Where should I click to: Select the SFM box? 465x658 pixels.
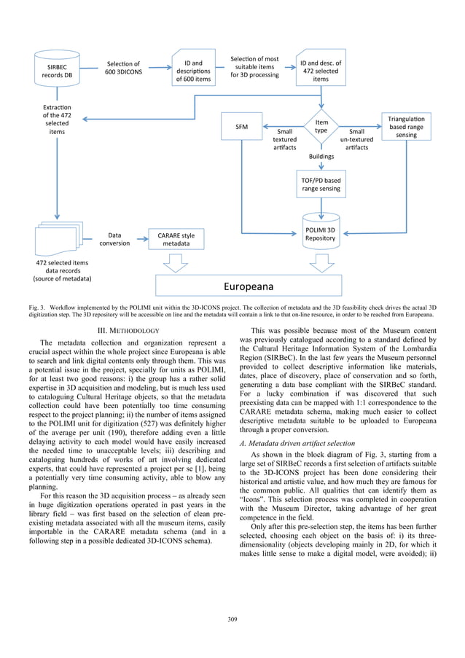[x=242, y=127]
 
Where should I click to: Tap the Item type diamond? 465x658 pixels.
[x=321, y=127]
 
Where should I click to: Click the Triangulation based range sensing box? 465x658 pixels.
[x=405, y=127]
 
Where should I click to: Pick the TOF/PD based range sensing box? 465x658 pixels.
[x=321, y=184]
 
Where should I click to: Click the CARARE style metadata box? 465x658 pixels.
[x=175, y=240]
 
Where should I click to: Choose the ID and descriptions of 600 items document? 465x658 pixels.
[x=193, y=68]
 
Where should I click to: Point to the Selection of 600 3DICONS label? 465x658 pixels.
[x=124, y=68]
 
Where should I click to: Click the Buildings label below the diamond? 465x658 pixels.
[x=321, y=156]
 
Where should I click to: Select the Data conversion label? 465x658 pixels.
[x=114, y=240]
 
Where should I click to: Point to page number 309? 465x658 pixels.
[x=232, y=620]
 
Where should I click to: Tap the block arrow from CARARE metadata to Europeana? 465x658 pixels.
[x=175, y=262]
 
